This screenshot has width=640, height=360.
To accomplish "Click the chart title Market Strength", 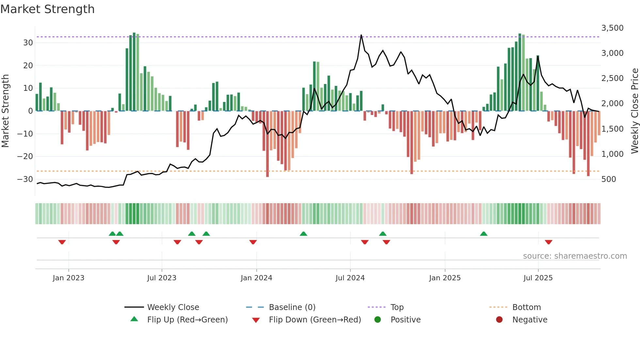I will point(47,9).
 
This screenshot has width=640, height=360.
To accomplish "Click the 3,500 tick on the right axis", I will point(612,28).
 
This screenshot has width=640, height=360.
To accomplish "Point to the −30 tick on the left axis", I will point(25,179).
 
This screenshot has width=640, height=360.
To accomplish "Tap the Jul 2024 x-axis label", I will point(350,278).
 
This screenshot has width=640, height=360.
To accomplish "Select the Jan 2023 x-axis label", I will point(68,278).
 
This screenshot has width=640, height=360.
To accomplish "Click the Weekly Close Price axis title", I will point(634,111).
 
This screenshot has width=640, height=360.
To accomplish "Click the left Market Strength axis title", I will point(5,111).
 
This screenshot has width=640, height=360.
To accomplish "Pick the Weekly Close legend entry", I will point(173,307).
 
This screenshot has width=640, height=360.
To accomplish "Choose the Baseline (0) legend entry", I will point(292,307).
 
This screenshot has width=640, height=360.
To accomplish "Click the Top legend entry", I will point(397,307).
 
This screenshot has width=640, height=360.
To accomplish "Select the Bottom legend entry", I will point(526,307).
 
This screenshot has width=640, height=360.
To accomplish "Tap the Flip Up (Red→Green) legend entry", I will point(187,320).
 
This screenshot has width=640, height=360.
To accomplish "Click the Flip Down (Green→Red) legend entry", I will point(315,320).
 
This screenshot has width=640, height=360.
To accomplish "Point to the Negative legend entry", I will point(530,320).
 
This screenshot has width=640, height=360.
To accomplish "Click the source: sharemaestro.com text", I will point(575,256).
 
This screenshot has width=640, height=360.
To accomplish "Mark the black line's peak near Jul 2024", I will point(361,35).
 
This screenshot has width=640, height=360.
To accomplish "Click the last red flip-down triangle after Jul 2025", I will point(549,242).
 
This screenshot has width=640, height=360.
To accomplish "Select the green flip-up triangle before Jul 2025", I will point(484,234).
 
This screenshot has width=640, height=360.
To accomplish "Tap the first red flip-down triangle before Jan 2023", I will point(62,242).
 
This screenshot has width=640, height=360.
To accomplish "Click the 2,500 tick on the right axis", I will point(612,78).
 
